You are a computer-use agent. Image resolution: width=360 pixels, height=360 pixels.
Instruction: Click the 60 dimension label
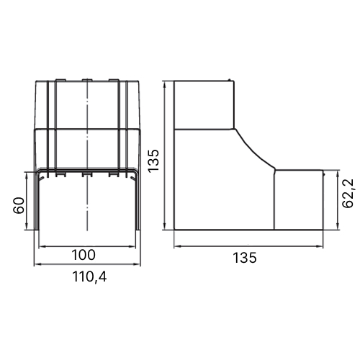pos(19,205)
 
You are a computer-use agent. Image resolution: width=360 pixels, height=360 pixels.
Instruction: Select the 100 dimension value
pos(84,255)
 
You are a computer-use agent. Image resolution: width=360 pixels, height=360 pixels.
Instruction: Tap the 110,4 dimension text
pos(89,277)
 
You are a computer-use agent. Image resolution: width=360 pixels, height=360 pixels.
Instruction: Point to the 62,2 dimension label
pos(348,193)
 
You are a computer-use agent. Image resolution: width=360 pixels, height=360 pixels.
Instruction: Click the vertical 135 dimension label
pos(153,161)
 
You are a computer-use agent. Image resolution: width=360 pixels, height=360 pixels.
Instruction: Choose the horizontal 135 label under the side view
pos(245,258)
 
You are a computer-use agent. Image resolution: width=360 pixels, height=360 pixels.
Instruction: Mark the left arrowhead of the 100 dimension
pos(42,246)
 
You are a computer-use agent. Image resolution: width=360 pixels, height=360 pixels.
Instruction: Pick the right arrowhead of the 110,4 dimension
pos(138,264)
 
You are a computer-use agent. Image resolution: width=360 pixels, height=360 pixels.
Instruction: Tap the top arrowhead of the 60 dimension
pos(27,175)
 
